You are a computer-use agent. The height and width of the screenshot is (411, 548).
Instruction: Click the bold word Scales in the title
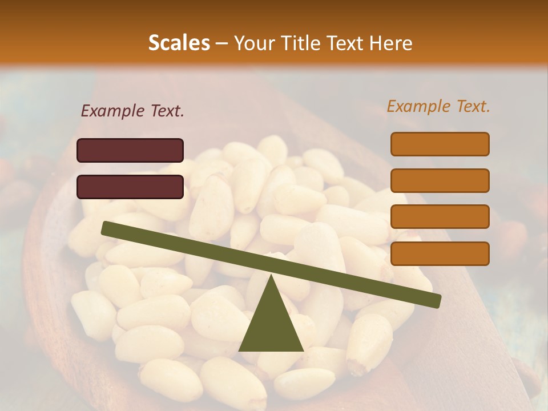179,43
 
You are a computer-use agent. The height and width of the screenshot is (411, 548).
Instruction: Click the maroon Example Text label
132,111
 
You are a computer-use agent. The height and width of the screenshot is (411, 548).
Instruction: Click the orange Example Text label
438,106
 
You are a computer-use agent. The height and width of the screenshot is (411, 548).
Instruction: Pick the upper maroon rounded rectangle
130,150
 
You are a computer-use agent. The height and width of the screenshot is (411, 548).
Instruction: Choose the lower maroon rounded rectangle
130,187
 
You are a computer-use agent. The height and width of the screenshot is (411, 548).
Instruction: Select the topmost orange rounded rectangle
440,144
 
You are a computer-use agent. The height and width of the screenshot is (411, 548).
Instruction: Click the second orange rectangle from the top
440,180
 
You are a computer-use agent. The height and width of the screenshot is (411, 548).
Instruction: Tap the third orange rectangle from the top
440,217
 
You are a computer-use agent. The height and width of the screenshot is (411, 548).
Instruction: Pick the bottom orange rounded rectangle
440,253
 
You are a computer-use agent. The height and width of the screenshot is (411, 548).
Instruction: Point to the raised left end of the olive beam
106,228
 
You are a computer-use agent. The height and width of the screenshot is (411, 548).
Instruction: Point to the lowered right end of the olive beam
436,301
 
